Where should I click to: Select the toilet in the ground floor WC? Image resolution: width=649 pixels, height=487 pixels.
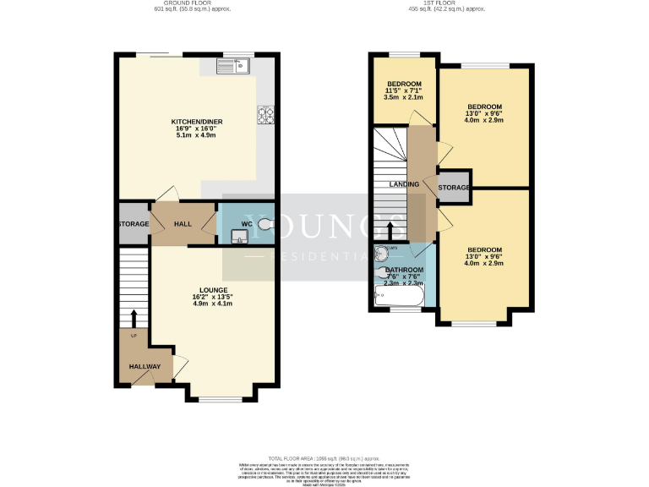coord(266,224)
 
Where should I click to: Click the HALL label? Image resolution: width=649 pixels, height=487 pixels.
coord(183,224)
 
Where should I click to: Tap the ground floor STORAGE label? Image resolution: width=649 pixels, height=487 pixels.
coord(134,224)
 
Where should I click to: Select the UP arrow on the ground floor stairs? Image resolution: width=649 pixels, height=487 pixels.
coord(133,319)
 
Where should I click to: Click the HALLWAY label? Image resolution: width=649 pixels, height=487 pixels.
coord(145,366)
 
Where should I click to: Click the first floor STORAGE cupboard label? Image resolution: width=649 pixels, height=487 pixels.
coord(454,187)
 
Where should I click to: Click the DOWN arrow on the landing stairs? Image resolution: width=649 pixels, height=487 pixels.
coord(389,230)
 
